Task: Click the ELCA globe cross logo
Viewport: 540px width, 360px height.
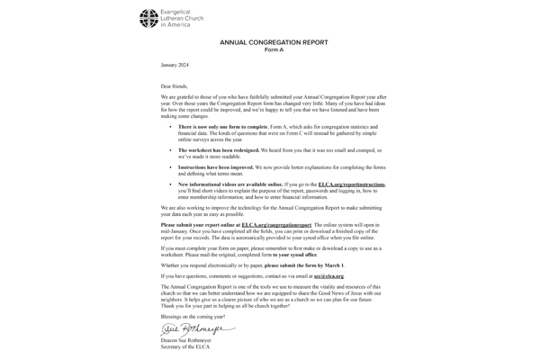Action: coord(148,18)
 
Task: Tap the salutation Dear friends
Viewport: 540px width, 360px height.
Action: coord(175,85)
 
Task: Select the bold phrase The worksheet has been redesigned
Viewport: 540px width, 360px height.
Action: coord(221,149)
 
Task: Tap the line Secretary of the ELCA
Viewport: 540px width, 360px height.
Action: coord(186,349)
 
